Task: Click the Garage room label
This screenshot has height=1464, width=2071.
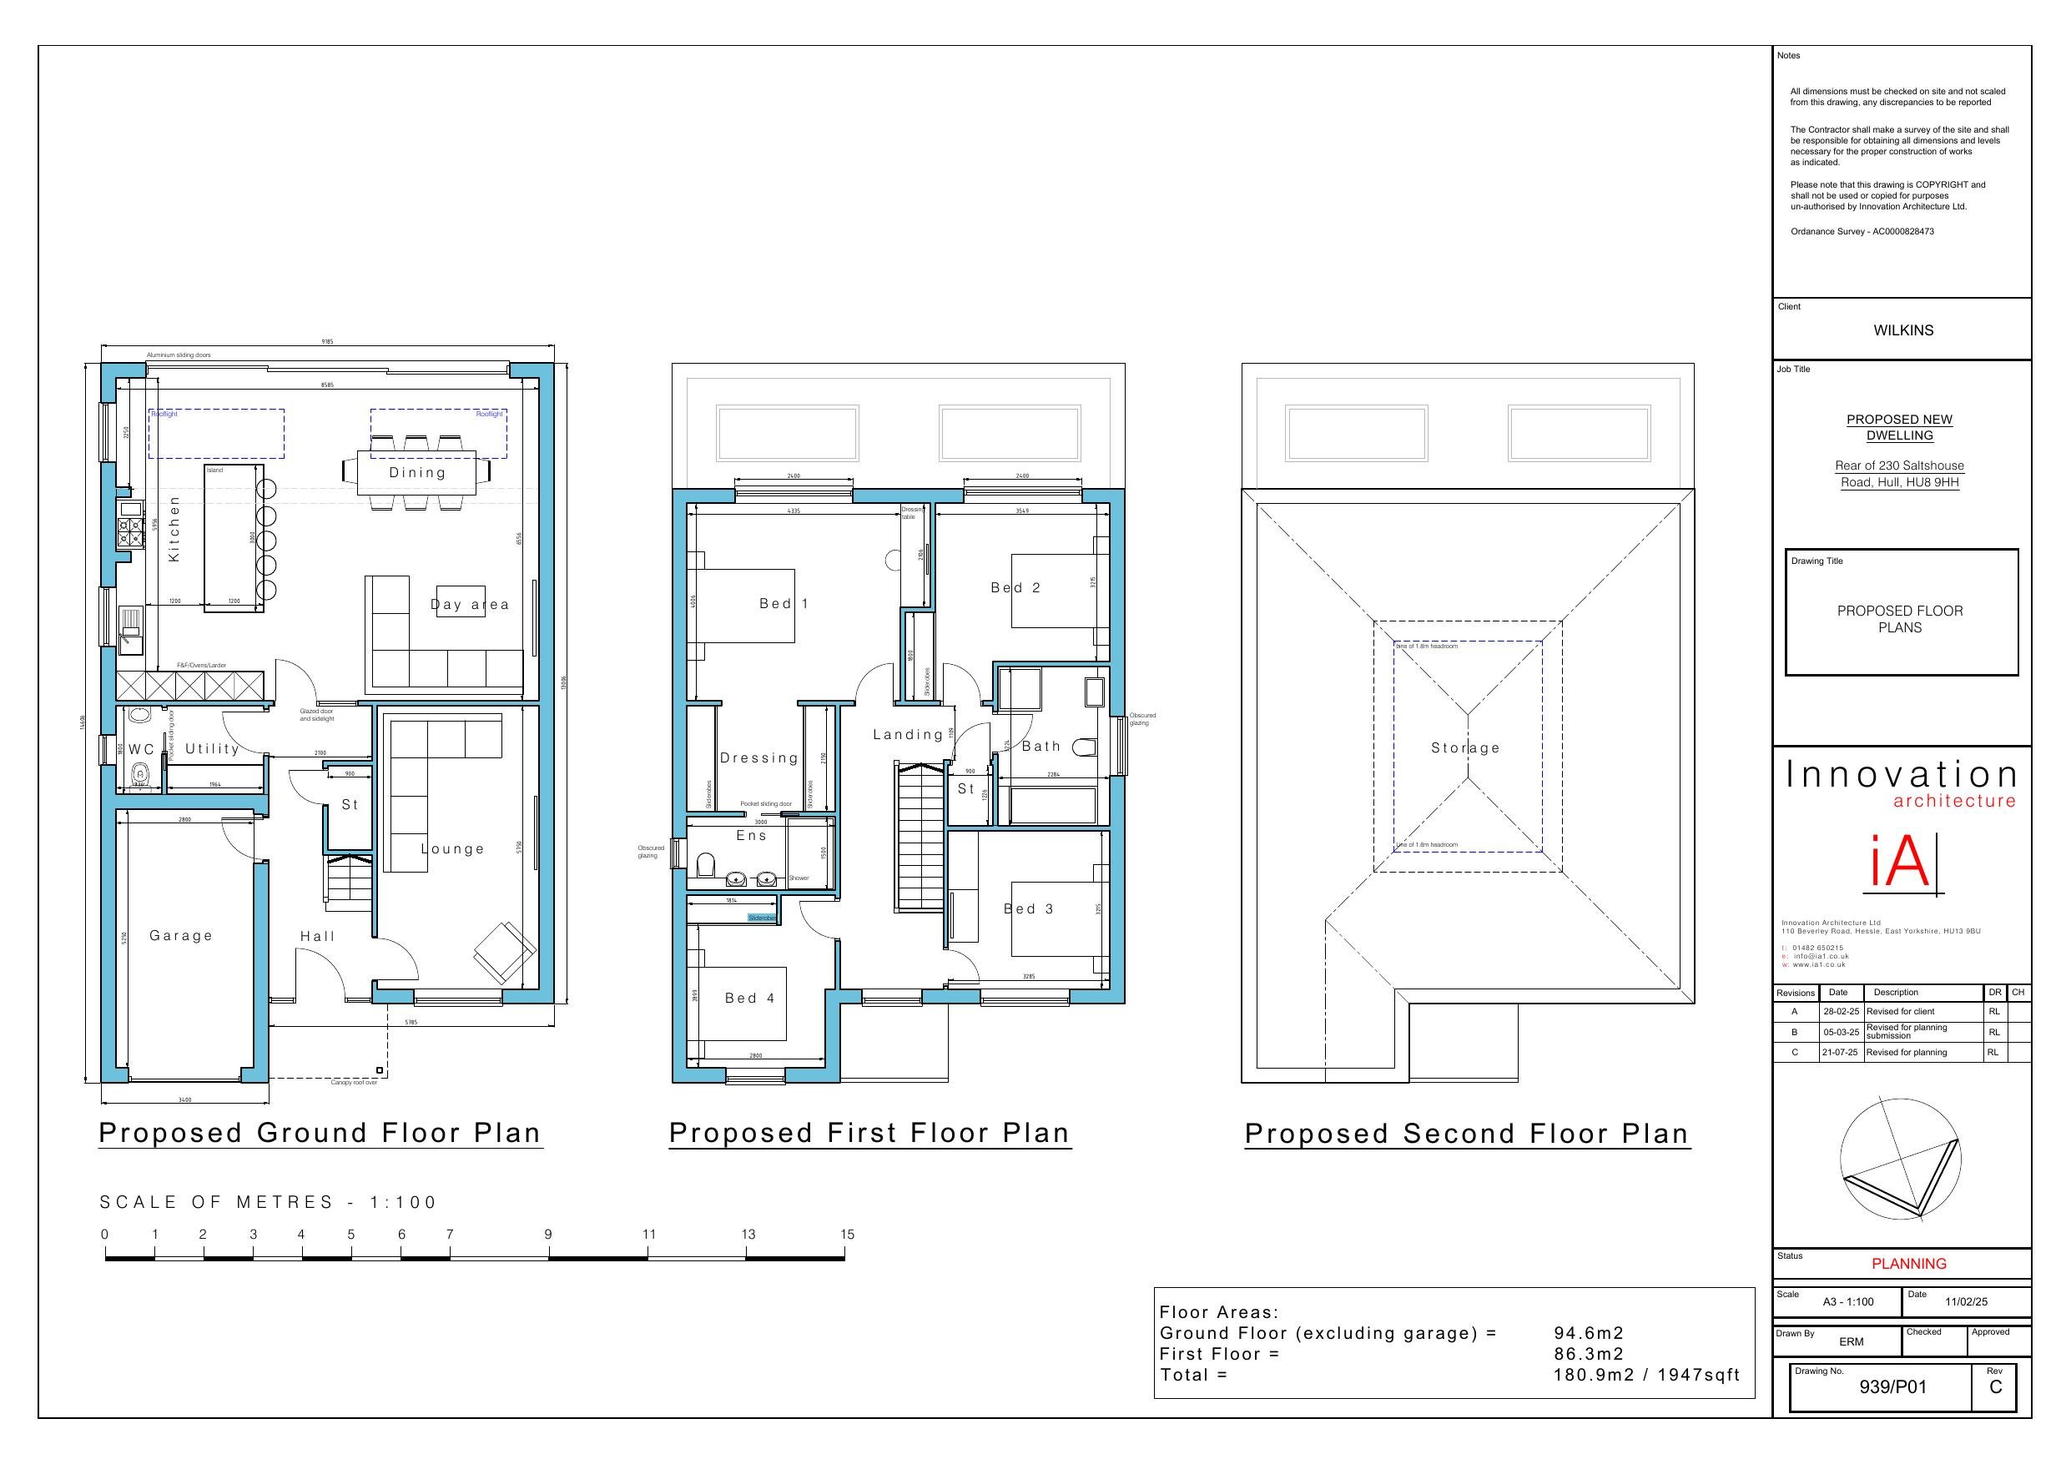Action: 181,935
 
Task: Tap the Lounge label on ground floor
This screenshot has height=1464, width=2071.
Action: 453,849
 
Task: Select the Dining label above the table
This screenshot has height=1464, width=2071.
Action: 418,473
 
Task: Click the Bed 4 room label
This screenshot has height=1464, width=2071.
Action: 749,998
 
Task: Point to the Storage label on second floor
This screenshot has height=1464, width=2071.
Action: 1466,747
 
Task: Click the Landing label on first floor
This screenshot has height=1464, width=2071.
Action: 907,734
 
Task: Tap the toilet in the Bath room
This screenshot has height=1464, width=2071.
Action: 1087,746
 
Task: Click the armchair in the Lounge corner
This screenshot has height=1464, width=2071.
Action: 503,953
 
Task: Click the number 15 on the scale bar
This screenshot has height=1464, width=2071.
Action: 847,1234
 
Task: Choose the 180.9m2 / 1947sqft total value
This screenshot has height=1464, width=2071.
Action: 1646,1375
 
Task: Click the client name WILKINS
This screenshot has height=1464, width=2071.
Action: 1903,330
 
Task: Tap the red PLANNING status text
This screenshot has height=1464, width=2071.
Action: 1908,1264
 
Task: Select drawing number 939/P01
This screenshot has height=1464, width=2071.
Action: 1892,1386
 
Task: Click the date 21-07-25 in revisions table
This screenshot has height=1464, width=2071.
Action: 1840,1053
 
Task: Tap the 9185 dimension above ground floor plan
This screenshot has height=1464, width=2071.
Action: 327,342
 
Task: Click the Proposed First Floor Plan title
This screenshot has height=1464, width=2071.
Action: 869,1133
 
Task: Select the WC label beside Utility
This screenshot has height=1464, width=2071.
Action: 142,750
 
